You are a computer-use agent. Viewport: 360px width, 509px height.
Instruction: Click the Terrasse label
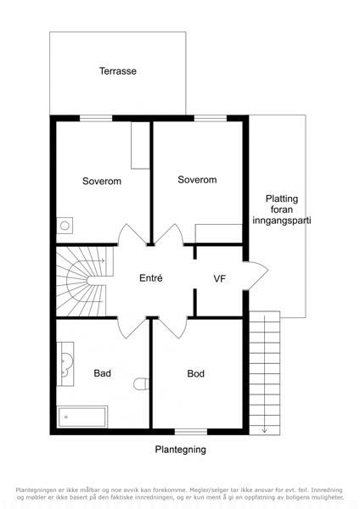(118, 71)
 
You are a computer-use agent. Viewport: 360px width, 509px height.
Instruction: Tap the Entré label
(151, 278)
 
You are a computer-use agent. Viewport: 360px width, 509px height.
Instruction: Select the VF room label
(220, 278)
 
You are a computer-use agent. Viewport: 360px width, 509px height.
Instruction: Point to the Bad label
(103, 373)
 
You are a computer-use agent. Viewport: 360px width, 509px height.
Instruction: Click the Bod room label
(195, 373)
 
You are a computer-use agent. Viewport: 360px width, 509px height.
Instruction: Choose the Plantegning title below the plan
(180, 450)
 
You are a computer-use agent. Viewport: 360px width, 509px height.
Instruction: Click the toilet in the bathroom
(141, 383)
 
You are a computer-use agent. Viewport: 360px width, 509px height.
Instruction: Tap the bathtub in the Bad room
(82, 417)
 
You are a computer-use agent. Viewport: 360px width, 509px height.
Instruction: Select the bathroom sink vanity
(65, 364)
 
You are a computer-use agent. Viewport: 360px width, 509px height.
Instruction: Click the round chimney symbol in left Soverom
(65, 226)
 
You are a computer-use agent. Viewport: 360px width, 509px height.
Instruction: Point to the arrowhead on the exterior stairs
(264, 431)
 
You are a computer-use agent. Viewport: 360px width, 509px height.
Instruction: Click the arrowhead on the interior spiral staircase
(103, 260)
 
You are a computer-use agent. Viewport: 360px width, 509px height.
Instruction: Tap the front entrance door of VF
(256, 275)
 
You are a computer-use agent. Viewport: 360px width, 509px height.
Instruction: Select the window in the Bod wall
(191, 432)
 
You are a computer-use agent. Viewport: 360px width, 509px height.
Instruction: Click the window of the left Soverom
(96, 118)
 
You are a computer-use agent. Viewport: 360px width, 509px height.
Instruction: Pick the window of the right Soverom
(211, 118)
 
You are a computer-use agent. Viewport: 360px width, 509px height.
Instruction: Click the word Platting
(282, 199)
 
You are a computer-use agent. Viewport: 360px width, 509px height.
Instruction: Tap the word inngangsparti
(282, 221)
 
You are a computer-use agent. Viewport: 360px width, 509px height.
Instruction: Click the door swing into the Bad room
(132, 327)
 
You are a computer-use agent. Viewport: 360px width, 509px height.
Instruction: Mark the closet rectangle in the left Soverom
(140, 145)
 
